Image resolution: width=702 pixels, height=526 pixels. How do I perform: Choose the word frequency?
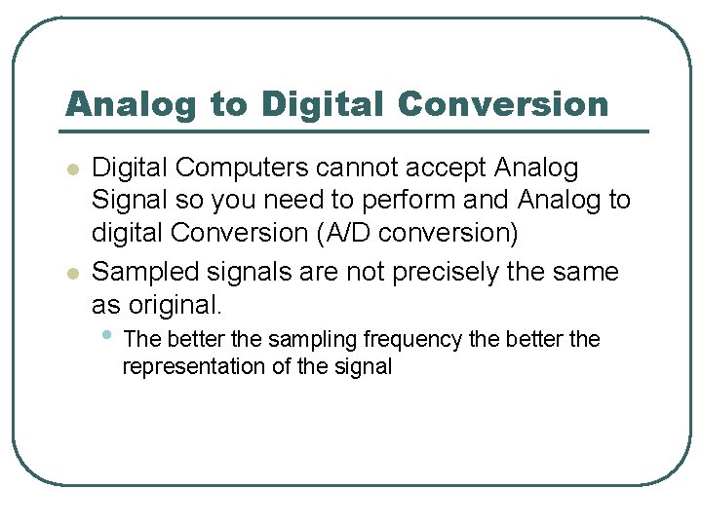point(413,340)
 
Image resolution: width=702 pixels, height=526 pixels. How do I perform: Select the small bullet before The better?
point(106,336)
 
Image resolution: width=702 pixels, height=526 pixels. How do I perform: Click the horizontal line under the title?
point(356,131)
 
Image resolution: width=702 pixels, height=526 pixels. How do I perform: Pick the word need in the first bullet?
point(289,201)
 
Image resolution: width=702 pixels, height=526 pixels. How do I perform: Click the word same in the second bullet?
point(586,272)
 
